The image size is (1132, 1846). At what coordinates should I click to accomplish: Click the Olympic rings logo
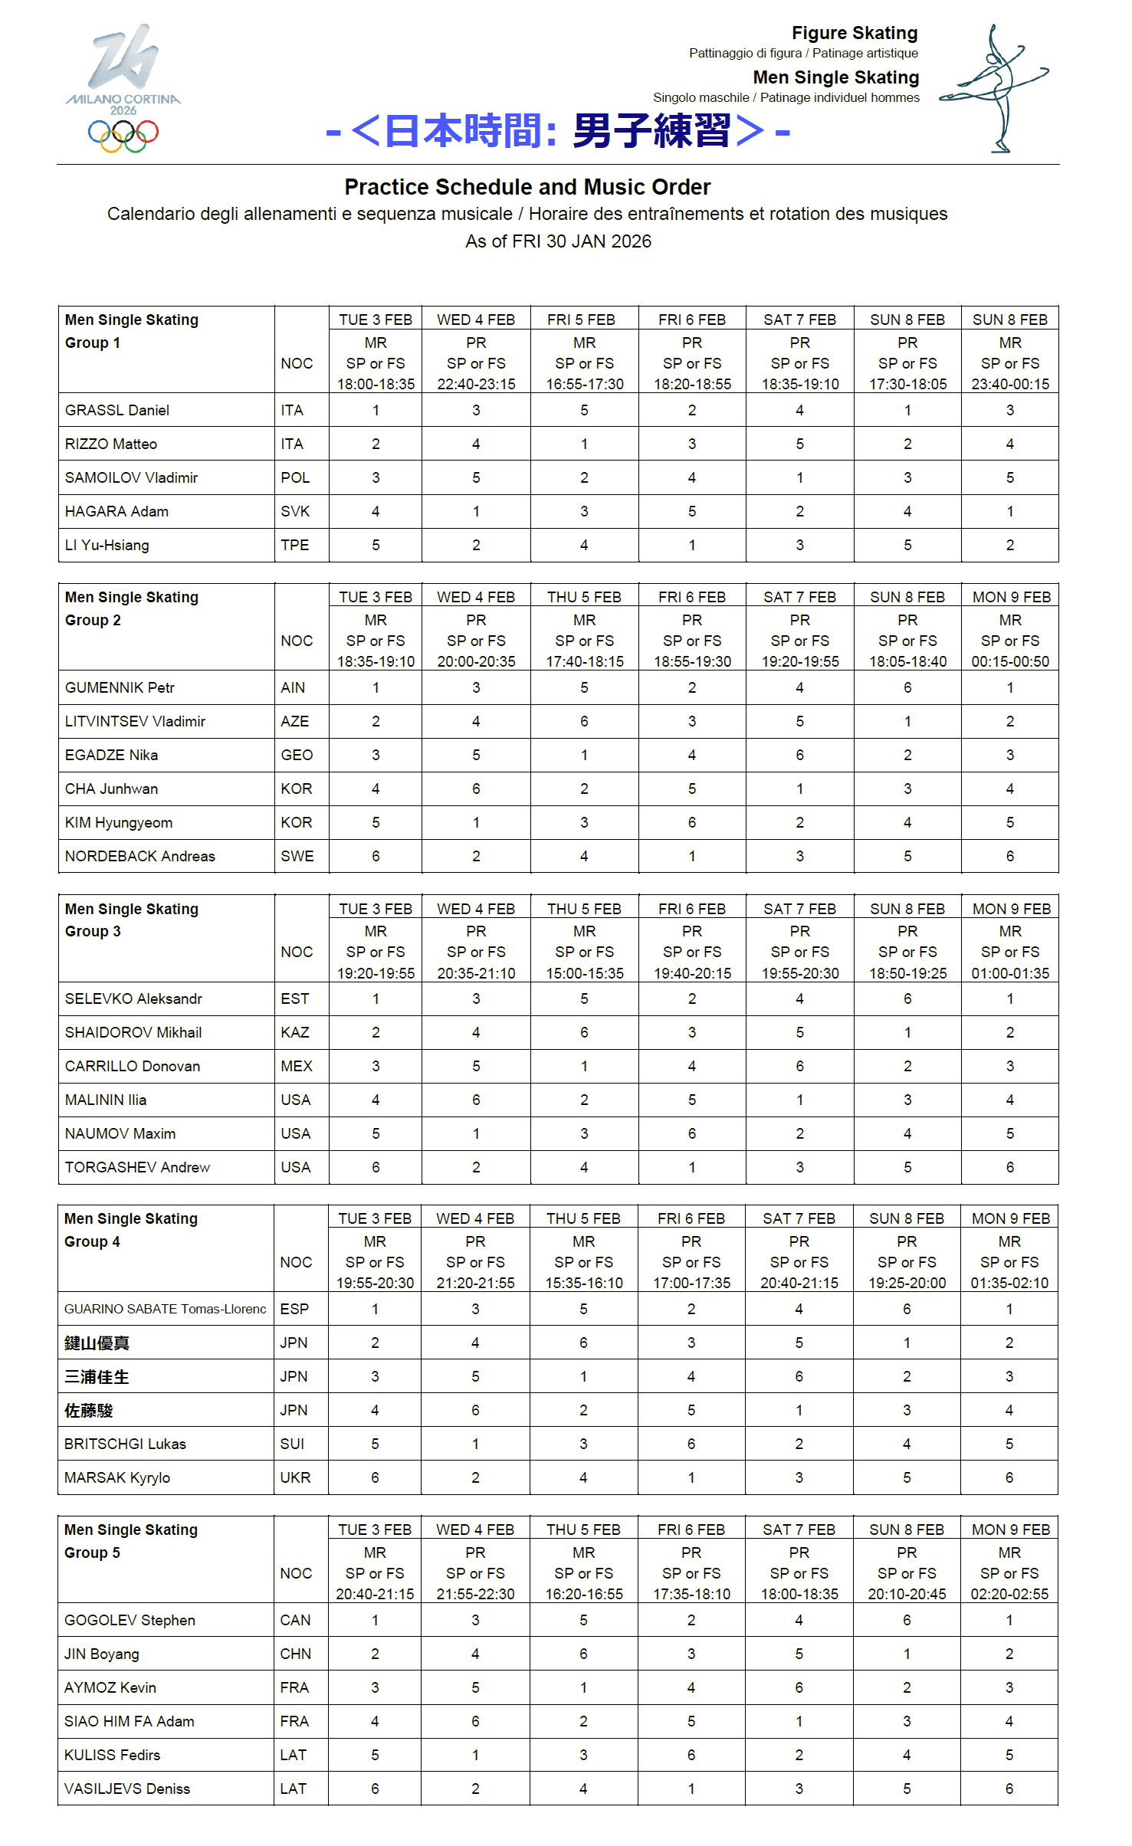[x=123, y=136]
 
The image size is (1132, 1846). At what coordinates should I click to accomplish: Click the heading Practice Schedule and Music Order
[x=527, y=187]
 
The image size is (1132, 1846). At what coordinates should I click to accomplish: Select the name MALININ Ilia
[x=106, y=1100]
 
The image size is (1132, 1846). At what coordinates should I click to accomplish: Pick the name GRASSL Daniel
[x=117, y=410]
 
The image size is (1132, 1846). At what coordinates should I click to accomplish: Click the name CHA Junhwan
[x=111, y=789]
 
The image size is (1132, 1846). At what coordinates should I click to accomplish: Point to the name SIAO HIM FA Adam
[x=129, y=1721]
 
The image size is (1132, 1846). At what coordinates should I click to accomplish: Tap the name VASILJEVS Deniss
[x=126, y=1789]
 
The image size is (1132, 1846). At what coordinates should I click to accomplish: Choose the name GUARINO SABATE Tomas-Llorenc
[x=165, y=1309]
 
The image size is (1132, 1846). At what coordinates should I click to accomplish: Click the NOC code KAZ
[x=295, y=1032]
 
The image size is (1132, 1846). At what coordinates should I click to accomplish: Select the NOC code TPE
[x=295, y=545]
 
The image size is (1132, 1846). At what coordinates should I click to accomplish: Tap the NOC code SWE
[x=297, y=856]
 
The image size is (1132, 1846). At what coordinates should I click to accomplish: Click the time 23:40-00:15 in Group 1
[x=1010, y=384]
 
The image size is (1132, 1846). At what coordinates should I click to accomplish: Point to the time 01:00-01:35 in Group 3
[x=1010, y=973]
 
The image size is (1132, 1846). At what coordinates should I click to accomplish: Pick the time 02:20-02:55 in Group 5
[x=1009, y=1594]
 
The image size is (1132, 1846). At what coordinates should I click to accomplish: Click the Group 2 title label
[x=93, y=620]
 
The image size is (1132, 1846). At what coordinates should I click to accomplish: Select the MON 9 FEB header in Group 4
[x=1010, y=1218]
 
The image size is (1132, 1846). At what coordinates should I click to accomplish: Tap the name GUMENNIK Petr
[x=120, y=687]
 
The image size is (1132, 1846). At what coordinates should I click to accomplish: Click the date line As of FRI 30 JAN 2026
[x=558, y=241]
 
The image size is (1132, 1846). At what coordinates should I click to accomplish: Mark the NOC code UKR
[x=295, y=1477]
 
